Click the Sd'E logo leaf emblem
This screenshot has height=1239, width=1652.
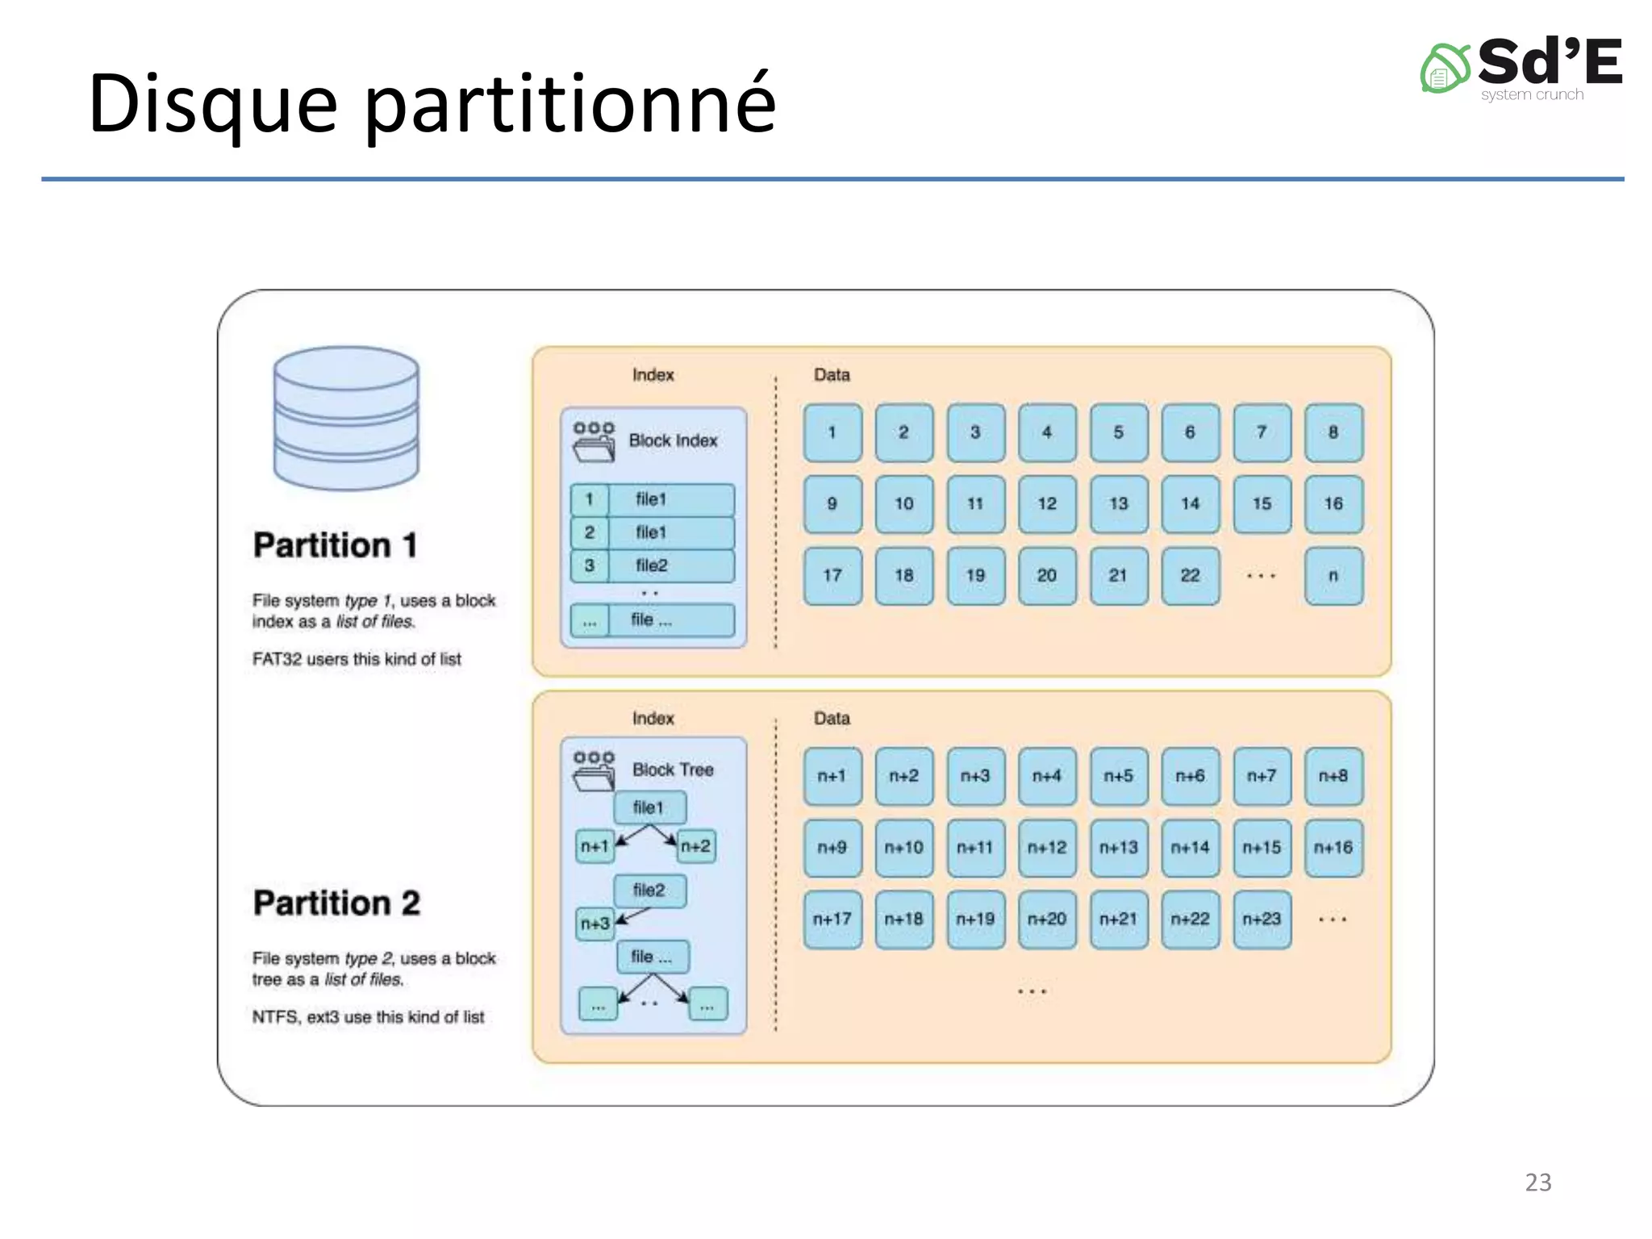1445,69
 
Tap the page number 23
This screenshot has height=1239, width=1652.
1537,1182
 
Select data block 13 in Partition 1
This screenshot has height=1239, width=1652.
1118,504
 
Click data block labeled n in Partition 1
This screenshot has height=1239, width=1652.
1333,576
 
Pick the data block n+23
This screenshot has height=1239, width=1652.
1262,920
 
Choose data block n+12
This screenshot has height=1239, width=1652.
1046,848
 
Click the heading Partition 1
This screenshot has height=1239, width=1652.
335,545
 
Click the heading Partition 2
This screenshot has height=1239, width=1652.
336,903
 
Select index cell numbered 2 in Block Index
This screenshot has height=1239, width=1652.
590,532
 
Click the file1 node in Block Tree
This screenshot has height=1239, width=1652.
649,807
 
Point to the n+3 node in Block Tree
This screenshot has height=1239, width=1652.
595,924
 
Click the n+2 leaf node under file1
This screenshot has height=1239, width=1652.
695,846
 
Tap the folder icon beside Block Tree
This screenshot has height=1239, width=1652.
594,770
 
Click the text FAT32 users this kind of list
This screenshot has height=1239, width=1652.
357,659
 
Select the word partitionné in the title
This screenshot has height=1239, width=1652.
570,103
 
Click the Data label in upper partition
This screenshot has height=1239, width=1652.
831,375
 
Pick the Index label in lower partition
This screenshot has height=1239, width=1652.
653,718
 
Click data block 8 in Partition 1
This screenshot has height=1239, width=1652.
1333,432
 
